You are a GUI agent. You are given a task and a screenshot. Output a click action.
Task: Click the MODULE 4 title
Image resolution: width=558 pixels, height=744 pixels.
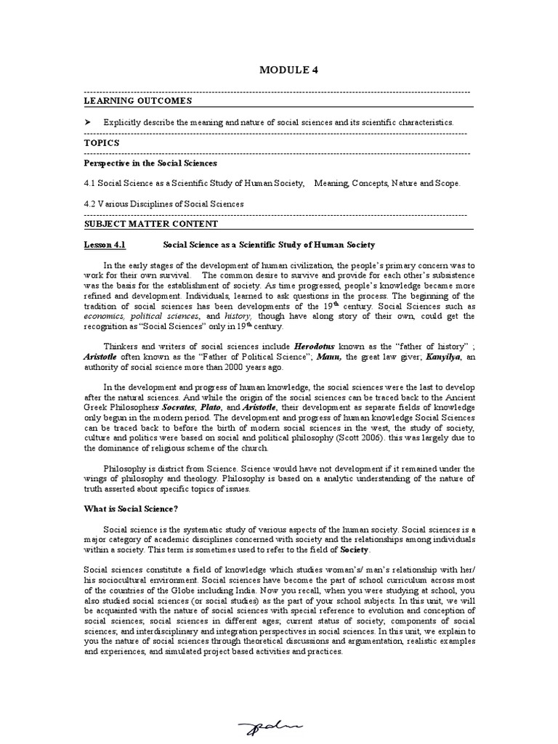coord(288,70)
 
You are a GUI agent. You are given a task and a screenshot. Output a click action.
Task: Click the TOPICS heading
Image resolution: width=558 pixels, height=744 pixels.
coord(102,143)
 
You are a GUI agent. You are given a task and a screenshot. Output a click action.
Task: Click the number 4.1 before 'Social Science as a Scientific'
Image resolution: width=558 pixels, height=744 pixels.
coord(90,184)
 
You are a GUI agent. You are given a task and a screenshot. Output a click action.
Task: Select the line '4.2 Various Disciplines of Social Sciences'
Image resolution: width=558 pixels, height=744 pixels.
coord(163,204)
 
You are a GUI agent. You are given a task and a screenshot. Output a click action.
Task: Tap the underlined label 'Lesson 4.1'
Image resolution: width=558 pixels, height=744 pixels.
coord(105,246)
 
